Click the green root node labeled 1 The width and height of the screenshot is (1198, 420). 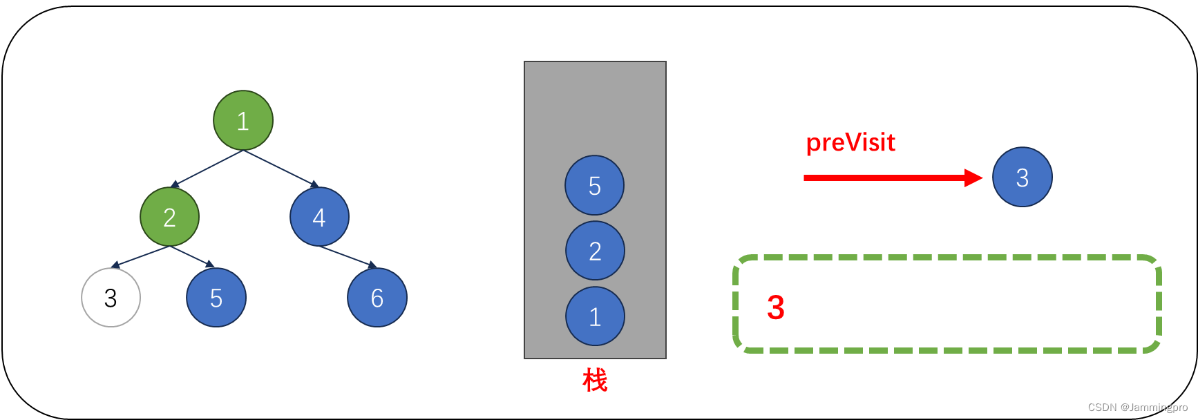[x=243, y=120]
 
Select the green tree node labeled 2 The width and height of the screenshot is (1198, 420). [x=169, y=217]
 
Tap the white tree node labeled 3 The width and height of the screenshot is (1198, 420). [x=111, y=298]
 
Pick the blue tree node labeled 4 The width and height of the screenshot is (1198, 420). [x=319, y=217]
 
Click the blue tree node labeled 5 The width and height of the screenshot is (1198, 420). [x=216, y=298]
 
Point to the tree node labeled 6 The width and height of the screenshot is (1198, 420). [x=377, y=298]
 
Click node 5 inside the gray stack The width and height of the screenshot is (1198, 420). [x=594, y=185]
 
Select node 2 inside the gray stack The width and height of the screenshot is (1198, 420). [x=595, y=251]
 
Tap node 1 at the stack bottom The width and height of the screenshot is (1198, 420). [x=595, y=316]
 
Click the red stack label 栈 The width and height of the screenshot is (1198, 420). [x=595, y=380]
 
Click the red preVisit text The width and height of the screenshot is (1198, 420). [x=850, y=142]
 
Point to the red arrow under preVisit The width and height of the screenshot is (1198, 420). [x=891, y=178]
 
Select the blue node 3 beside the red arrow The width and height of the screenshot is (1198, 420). [x=1023, y=177]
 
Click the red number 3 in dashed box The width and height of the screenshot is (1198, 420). [x=776, y=307]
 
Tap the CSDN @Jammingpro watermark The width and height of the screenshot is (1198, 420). [x=1137, y=408]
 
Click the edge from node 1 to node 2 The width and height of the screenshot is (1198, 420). [x=207, y=168]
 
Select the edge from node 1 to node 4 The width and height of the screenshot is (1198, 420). [x=280, y=168]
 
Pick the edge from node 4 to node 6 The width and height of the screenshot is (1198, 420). [x=348, y=256]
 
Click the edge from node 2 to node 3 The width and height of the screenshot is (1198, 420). [x=140, y=256]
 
